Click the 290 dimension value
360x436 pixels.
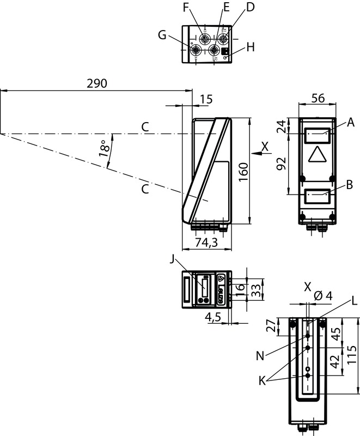pyautogui.click(x=97, y=83)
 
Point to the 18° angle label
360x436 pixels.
pyautogui.click(x=105, y=148)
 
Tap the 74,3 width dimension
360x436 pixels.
pyautogui.click(x=206, y=243)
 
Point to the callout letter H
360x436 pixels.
pyautogui.click(x=250, y=47)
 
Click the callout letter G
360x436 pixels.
pyautogui.click(x=162, y=35)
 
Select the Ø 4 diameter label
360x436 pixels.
pyautogui.click(x=323, y=295)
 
